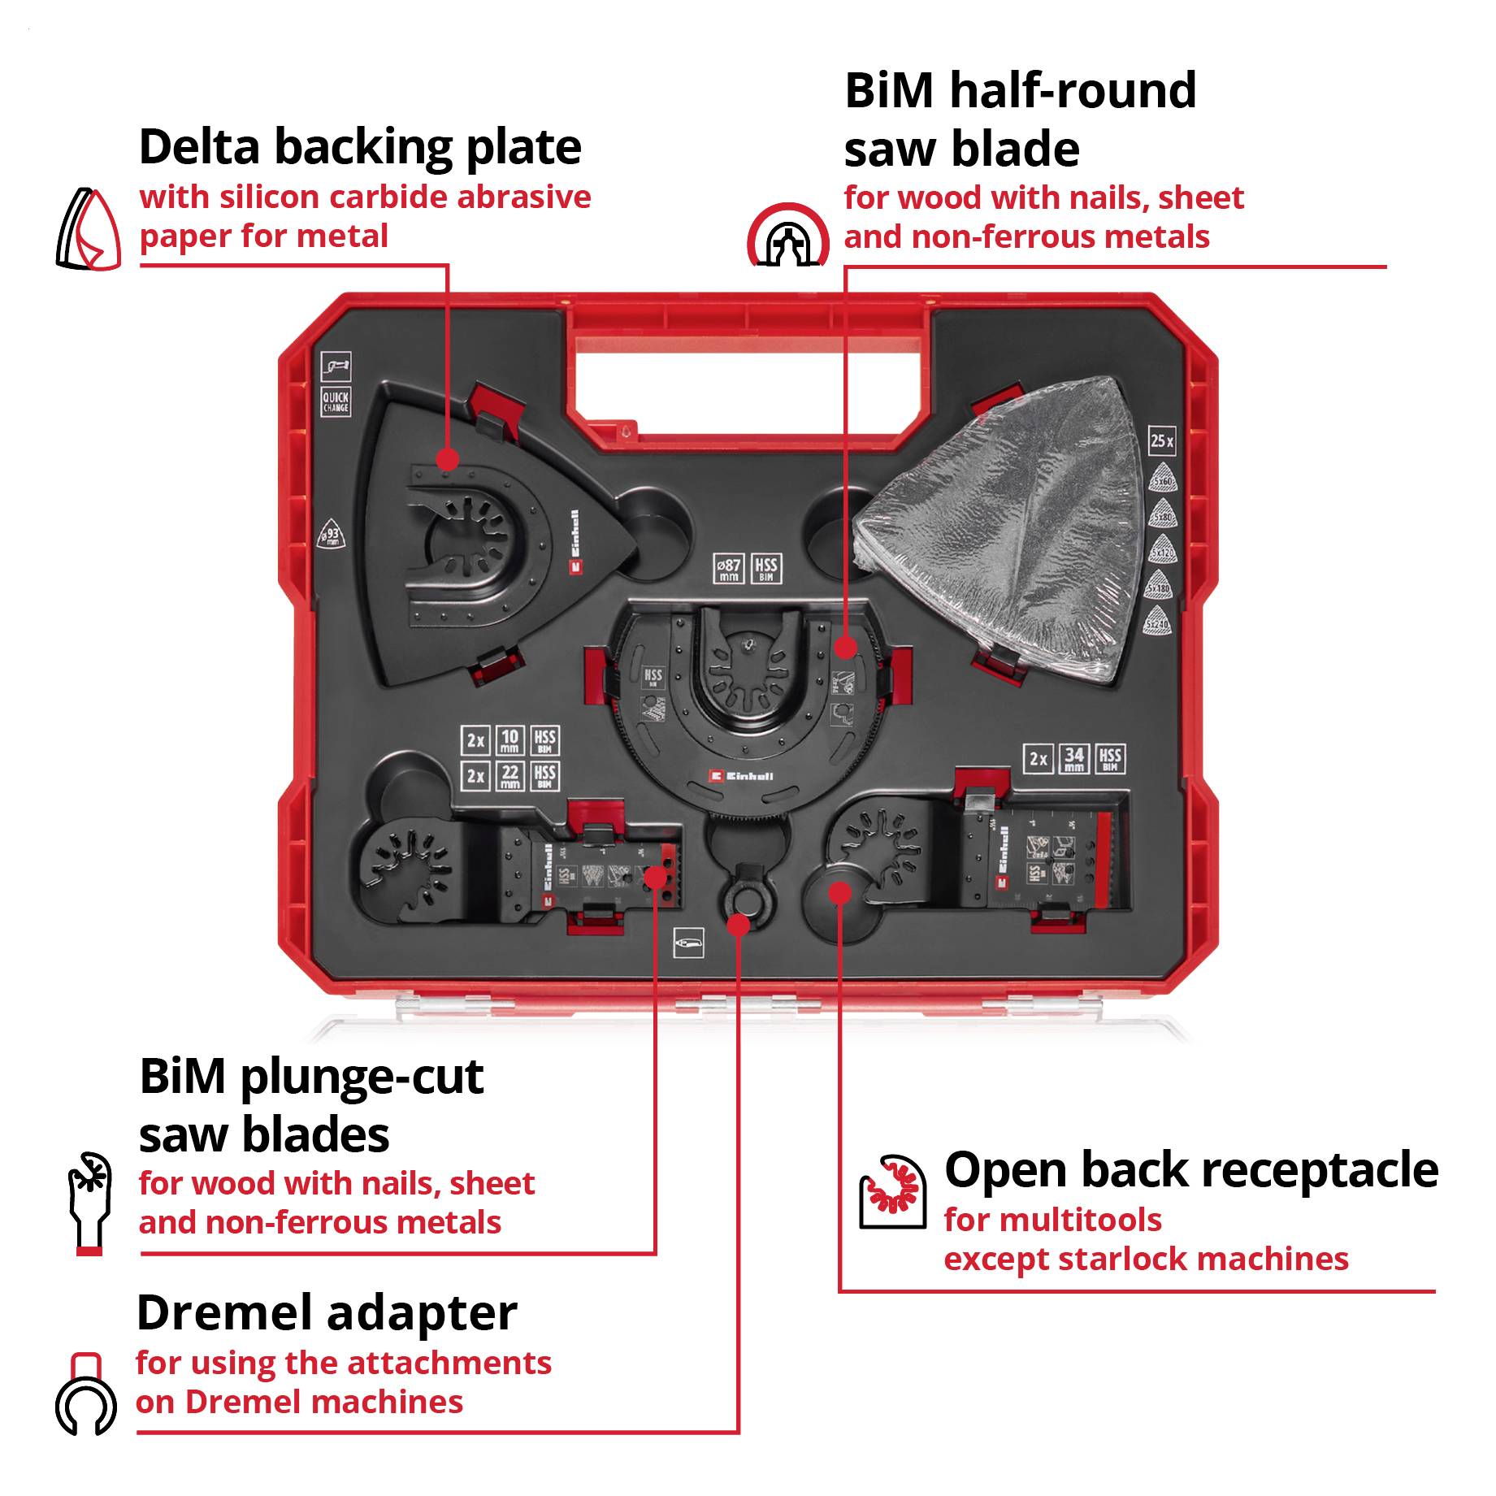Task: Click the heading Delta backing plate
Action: [x=360, y=147]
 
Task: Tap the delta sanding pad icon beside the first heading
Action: [x=89, y=230]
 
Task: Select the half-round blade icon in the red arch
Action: [x=787, y=236]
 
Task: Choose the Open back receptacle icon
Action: [x=892, y=1191]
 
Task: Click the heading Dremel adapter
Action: [x=327, y=1313]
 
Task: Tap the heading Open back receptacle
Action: [x=1190, y=1170]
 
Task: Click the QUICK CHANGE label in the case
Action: [x=336, y=401]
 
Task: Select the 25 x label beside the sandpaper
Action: [x=1161, y=441]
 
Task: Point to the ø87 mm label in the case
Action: [x=728, y=569]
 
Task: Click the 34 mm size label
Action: [x=1073, y=759]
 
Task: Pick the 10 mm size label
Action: [x=510, y=740]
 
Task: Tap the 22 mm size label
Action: [x=510, y=775]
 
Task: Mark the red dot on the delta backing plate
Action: [x=446, y=459]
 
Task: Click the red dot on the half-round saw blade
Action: [x=845, y=648]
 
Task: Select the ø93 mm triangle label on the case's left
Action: [x=331, y=534]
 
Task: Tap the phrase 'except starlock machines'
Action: [x=1145, y=1260]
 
